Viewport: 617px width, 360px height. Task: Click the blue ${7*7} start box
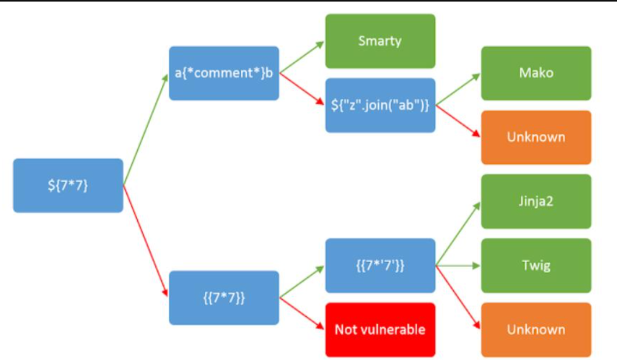point(68,185)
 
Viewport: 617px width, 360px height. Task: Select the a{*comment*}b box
point(224,73)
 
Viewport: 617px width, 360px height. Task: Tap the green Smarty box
point(380,41)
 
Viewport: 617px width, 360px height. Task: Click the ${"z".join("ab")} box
point(380,105)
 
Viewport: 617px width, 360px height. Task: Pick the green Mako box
point(536,73)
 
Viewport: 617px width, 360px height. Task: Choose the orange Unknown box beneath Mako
point(536,137)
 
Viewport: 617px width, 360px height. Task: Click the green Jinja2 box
point(536,201)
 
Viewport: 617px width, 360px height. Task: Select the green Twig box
point(536,265)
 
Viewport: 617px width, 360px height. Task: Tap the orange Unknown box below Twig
point(536,329)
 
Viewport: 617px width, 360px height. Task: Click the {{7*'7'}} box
point(380,265)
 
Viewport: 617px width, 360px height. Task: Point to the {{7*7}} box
point(224,298)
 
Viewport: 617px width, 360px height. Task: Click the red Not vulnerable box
point(380,329)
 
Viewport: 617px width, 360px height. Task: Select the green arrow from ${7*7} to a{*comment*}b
point(146,129)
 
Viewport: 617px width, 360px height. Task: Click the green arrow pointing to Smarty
point(302,56)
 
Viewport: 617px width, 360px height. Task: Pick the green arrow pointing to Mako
point(458,89)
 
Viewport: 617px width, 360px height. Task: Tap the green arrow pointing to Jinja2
point(458,234)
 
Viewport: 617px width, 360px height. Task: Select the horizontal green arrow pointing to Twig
point(458,265)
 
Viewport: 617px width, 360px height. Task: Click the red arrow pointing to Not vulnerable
point(302,313)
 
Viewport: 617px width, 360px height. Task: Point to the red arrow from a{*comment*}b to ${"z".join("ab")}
point(302,89)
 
